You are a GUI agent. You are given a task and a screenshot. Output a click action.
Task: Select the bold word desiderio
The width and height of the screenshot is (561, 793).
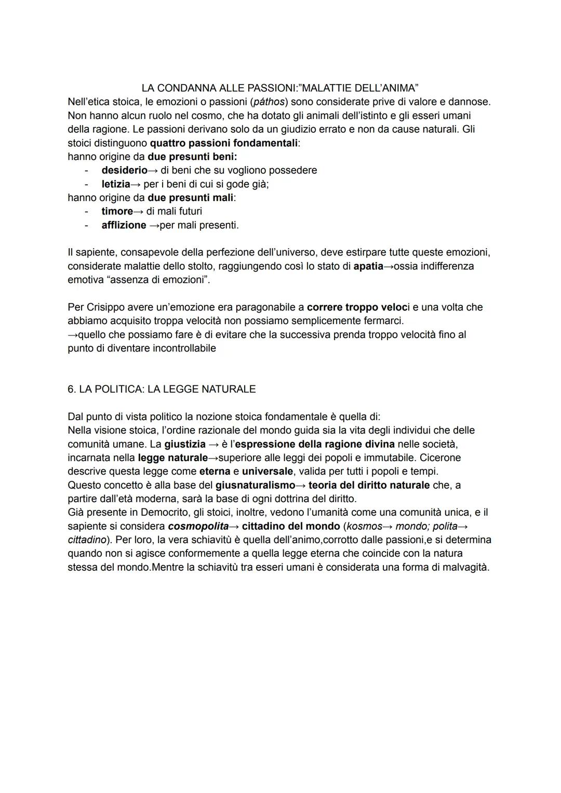[x=124, y=170]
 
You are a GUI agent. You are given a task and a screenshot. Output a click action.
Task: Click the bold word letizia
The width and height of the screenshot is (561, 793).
[x=115, y=184]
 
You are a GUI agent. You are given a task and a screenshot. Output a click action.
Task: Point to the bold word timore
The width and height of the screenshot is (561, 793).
[x=117, y=211]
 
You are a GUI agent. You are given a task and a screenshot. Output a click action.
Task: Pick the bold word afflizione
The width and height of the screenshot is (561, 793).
[x=124, y=225]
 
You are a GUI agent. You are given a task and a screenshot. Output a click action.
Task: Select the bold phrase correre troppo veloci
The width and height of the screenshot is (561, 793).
[x=358, y=307]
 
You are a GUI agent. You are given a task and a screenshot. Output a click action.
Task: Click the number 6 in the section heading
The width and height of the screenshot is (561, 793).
[x=71, y=389]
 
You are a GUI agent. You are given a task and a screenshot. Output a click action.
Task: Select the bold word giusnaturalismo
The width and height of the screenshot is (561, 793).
[x=255, y=486]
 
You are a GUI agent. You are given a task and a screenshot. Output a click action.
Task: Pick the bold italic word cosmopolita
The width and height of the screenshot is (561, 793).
[x=198, y=526]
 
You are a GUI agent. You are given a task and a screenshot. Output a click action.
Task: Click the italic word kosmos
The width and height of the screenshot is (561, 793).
[x=364, y=526]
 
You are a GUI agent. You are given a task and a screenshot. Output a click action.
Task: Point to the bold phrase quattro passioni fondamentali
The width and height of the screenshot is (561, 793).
[x=224, y=143]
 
